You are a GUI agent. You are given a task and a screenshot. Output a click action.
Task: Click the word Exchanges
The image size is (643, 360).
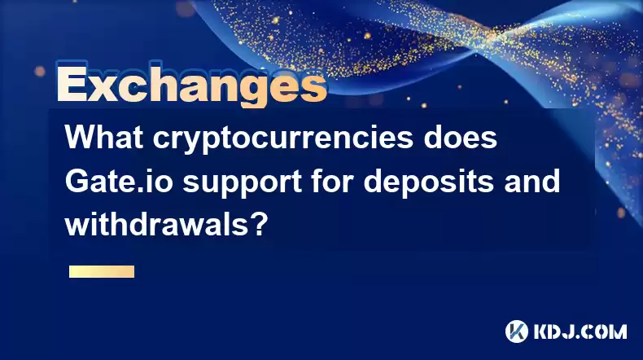coord(191,85)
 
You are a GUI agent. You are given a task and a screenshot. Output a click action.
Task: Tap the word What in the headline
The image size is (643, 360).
coord(104,137)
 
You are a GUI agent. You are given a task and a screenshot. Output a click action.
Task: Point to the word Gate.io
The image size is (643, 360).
coord(119,181)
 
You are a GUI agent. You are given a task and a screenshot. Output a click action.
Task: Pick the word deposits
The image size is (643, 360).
coord(428,184)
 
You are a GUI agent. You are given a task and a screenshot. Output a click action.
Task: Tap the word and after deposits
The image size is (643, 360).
coord(531,181)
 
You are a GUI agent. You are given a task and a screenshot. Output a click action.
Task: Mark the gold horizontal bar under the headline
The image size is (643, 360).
coord(102,272)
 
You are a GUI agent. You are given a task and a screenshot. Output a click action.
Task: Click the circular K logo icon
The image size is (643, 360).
coord(517,331)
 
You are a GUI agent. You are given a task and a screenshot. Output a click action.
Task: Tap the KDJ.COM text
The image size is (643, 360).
coord(580,331)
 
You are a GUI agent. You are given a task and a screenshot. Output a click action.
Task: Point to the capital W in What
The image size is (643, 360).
coord(82,138)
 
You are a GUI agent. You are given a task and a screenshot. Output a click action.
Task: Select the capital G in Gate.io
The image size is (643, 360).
coord(76,182)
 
